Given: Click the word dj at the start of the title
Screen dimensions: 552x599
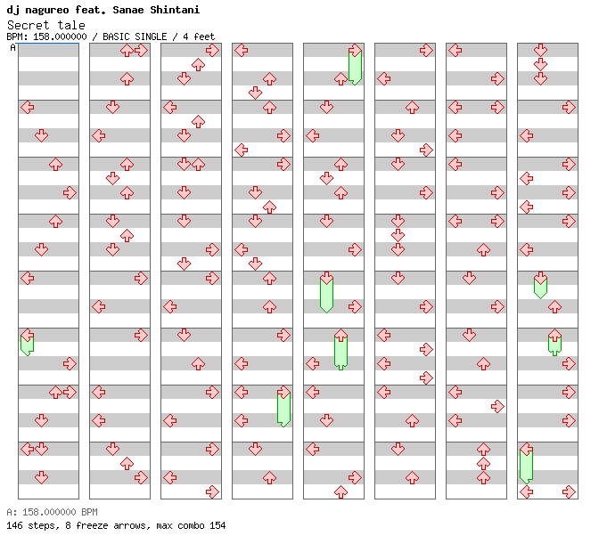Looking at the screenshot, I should coord(12,10).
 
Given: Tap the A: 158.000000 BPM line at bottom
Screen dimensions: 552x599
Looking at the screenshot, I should coord(52,513).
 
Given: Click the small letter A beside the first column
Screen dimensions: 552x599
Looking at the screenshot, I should coord(12,48).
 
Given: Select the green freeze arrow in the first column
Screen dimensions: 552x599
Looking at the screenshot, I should coord(27,343).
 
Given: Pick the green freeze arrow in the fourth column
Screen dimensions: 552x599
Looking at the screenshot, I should coord(283,407).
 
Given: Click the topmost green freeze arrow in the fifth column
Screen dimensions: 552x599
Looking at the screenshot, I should coord(355,64).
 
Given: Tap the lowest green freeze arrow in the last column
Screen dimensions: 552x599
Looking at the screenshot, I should coord(526,464).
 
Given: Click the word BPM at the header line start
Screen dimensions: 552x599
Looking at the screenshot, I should coord(15,37).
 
